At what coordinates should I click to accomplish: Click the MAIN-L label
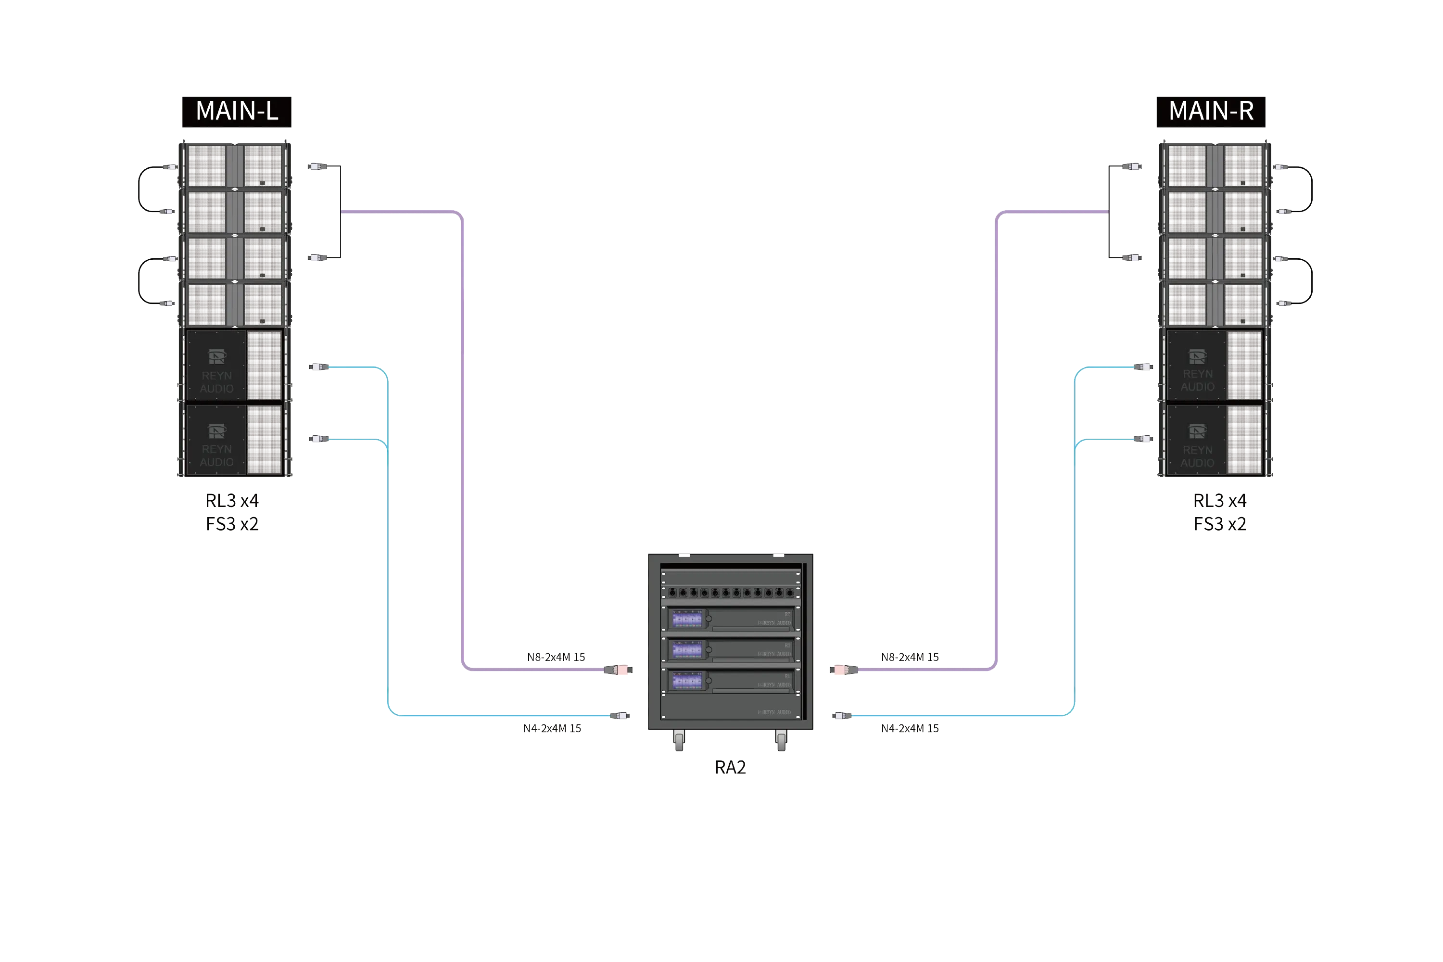(x=236, y=112)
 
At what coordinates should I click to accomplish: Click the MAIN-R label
(x=1210, y=112)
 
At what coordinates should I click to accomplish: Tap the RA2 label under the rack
(x=731, y=768)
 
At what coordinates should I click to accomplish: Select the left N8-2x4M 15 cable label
(x=556, y=657)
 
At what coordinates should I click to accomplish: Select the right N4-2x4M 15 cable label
(x=910, y=729)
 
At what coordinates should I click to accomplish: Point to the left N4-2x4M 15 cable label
(x=552, y=729)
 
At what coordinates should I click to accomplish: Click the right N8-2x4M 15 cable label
(x=910, y=657)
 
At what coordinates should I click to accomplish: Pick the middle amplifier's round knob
(x=709, y=650)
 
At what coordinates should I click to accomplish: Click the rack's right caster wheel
(x=782, y=742)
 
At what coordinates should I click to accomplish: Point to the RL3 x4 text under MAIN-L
(x=233, y=501)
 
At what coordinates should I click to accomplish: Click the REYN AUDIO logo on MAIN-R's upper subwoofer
(x=1197, y=372)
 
